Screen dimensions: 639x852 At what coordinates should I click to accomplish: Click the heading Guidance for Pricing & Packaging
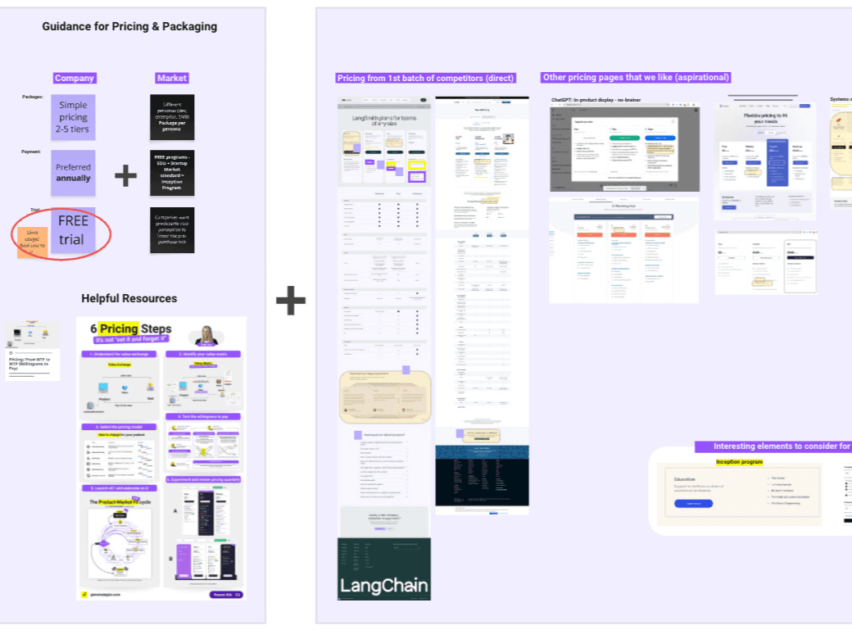pyautogui.click(x=129, y=26)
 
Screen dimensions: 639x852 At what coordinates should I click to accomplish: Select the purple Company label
pyautogui.click(x=75, y=79)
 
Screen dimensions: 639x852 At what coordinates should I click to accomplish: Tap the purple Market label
pyautogui.click(x=172, y=79)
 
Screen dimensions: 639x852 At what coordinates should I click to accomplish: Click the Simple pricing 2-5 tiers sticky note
pyautogui.click(x=73, y=117)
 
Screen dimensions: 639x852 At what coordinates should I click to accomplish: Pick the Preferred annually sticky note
pyautogui.click(x=73, y=172)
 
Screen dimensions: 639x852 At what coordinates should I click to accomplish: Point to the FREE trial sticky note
pyautogui.click(x=72, y=230)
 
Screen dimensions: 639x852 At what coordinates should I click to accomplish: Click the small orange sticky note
pyautogui.click(x=33, y=242)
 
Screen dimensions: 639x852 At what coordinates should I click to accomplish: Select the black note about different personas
pyautogui.click(x=172, y=117)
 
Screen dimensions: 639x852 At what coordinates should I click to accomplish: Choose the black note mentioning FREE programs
pyautogui.click(x=172, y=172)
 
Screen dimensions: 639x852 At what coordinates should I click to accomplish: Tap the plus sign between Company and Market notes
pyautogui.click(x=125, y=174)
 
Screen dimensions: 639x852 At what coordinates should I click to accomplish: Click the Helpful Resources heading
pyautogui.click(x=129, y=298)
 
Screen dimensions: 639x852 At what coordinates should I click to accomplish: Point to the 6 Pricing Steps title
pyautogui.click(x=131, y=329)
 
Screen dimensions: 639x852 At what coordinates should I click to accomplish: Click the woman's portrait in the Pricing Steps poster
pyautogui.click(x=206, y=335)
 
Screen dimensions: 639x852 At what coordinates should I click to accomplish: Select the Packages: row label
pyautogui.click(x=33, y=97)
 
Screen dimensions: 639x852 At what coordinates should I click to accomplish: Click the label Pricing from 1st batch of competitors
pyautogui.click(x=425, y=79)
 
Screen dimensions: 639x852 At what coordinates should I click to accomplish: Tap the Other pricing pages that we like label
pyautogui.click(x=635, y=78)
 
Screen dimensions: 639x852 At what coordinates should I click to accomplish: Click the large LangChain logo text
pyautogui.click(x=383, y=585)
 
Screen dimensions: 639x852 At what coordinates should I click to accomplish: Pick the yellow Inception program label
pyautogui.click(x=739, y=462)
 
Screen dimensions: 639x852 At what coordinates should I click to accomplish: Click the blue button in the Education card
pyautogui.click(x=693, y=504)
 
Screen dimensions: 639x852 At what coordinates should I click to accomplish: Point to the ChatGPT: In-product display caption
pyautogui.click(x=596, y=100)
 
